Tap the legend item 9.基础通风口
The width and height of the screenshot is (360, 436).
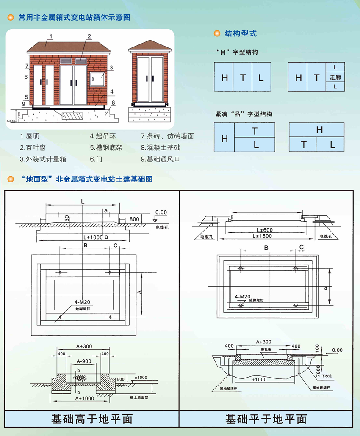(161, 159)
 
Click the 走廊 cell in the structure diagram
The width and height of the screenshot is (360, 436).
(335, 77)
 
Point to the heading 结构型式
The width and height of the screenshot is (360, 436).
(241, 33)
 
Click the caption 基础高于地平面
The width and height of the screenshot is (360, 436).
(91, 419)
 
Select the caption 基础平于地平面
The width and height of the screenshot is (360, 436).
(266, 419)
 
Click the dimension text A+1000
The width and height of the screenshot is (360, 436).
(85, 398)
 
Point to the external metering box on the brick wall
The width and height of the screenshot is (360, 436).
(97, 78)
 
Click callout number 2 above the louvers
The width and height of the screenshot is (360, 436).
(89, 36)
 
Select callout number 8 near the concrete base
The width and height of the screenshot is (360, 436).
(114, 102)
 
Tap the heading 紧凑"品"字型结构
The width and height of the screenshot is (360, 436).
(244, 114)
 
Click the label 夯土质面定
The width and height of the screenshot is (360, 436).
(139, 397)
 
